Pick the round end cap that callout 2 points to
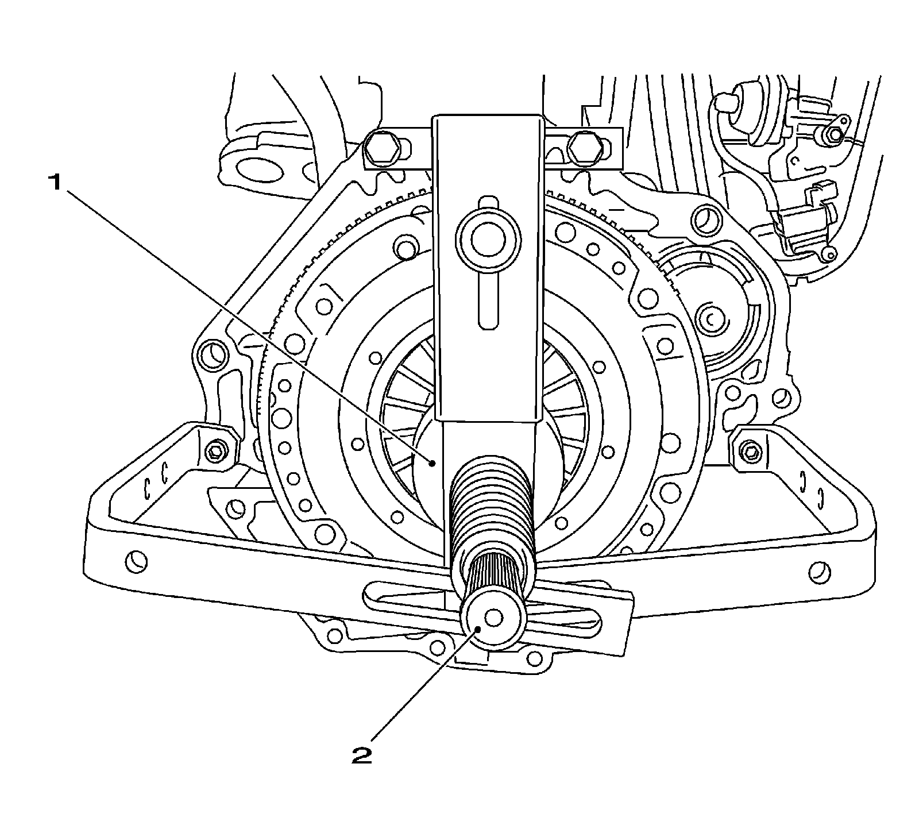493,619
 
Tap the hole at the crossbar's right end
818,572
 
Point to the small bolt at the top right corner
834,136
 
